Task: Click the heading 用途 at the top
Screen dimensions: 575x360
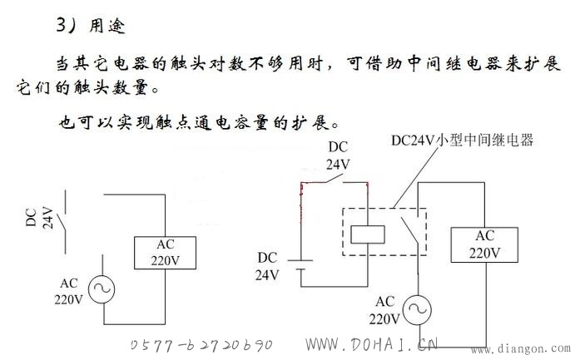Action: click(107, 26)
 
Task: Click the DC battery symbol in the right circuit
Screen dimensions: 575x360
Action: click(300, 264)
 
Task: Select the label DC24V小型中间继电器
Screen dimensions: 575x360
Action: click(462, 141)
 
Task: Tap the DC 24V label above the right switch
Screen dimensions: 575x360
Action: click(338, 155)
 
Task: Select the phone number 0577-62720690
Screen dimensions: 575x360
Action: click(202, 344)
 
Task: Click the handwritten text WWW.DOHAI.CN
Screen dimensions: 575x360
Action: click(371, 344)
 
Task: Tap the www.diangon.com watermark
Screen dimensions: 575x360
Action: click(521, 348)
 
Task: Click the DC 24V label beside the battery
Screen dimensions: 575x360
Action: click(267, 266)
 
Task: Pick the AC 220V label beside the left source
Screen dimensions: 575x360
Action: click(68, 292)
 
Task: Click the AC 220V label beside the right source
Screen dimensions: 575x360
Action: click(384, 311)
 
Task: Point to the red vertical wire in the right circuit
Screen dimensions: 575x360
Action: click(301, 203)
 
